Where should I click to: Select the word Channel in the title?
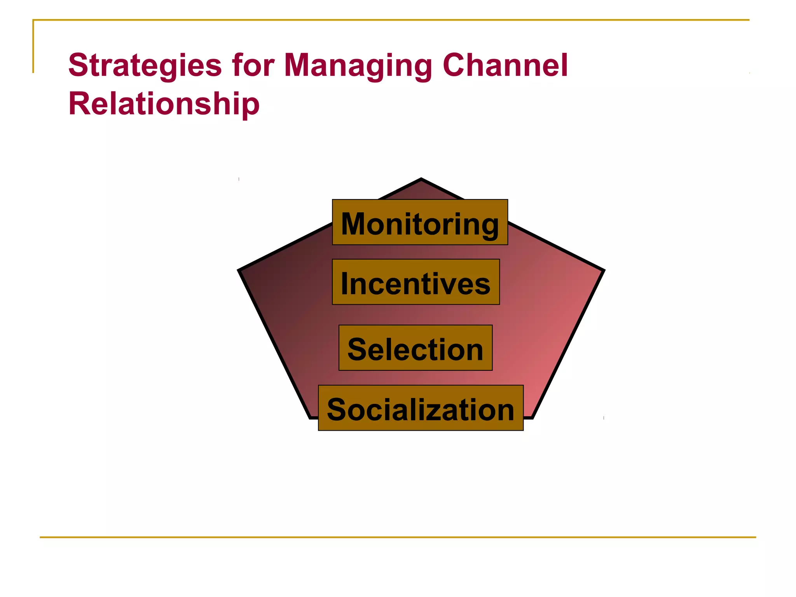[505, 65]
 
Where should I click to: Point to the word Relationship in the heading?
[164, 104]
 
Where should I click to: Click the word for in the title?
[253, 65]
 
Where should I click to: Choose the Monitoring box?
[420, 222]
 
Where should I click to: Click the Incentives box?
[415, 282]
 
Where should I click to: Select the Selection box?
[415, 348]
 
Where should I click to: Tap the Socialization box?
[421, 408]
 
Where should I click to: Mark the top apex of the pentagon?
[421, 180]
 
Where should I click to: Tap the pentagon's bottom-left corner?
[311, 417]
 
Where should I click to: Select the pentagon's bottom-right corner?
[532, 417]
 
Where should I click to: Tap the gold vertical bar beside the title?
[33, 47]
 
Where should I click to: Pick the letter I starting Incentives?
[345, 284]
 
